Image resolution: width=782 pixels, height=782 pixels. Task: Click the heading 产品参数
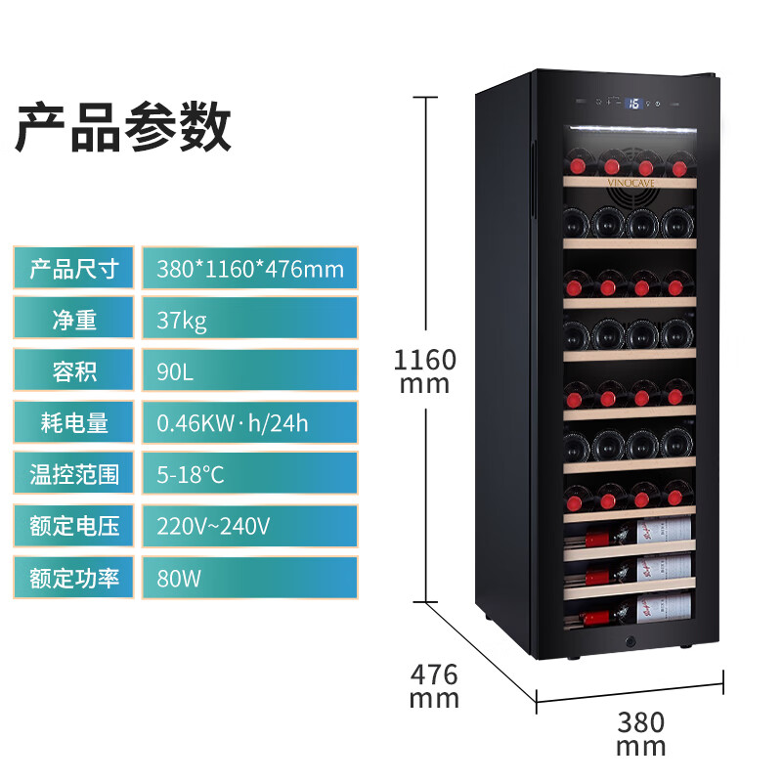123,126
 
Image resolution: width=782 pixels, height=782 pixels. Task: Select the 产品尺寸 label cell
73,268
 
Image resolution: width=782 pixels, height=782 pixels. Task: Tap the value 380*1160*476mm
250,268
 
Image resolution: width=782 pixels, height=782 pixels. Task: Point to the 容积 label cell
73,370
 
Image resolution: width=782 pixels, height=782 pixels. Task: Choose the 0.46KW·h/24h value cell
250,422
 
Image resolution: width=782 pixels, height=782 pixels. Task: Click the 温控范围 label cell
73,473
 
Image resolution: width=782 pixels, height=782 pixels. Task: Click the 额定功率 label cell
73,578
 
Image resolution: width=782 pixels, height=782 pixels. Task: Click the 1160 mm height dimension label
425,371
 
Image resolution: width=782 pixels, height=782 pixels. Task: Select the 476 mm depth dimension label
434,686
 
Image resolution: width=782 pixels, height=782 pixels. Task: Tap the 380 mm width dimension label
641,734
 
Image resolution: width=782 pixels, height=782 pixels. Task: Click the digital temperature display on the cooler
633,104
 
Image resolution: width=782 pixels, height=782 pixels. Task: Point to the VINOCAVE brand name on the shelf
630,183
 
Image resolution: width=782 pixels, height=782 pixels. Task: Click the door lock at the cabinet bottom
630,641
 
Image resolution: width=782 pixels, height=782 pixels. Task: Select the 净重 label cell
73,319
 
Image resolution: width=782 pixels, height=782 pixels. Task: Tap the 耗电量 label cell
73,422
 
